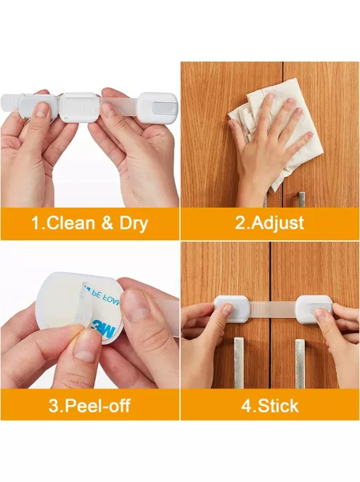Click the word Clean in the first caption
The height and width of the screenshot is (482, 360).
[x=71, y=223]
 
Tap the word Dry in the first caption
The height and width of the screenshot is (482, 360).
[x=134, y=224]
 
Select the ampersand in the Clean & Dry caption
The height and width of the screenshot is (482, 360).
[x=107, y=223]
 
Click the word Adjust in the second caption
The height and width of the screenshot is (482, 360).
[x=277, y=223]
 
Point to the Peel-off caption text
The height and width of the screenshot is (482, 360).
[x=89, y=406]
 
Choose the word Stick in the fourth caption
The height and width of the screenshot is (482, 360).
[x=278, y=406]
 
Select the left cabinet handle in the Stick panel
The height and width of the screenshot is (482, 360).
[x=239, y=363]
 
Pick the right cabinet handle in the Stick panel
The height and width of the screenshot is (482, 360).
[x=300, y=364]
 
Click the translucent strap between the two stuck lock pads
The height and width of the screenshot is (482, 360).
[x=272, y=309]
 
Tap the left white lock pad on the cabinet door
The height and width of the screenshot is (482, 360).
[x=232, y=309]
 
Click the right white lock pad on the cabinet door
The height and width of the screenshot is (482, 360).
[x=314, y=309]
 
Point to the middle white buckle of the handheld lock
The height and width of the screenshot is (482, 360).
[x=78, y=107]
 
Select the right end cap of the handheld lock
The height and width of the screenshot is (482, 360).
[x=158, y=106]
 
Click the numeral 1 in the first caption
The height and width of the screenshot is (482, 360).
[x=36, y=223]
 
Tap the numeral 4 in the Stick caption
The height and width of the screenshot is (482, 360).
[x=247, y=406]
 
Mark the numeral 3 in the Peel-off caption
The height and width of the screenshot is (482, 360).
[x=54, y=406]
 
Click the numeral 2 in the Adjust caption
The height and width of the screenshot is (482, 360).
[x=240, y=223]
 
